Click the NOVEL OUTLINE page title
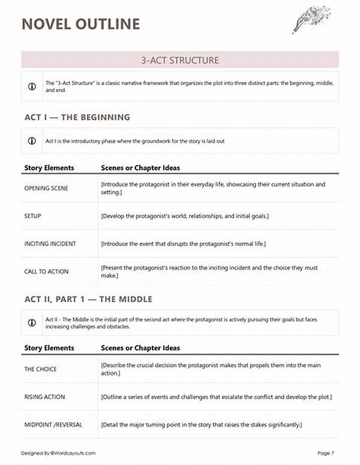80,24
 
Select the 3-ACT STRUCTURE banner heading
180,60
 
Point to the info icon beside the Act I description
32,141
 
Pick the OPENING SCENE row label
46,188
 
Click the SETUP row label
32,215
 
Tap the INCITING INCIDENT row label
50,244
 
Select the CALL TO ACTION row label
46,271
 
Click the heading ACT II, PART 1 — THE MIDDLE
88,299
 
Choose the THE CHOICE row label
40,369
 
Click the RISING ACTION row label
44,397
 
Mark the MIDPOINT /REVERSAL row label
53,424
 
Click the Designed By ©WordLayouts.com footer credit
58,453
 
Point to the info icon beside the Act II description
32,323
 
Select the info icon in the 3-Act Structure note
32,86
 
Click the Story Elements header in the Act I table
49,168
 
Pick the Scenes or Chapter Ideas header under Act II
140,348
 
